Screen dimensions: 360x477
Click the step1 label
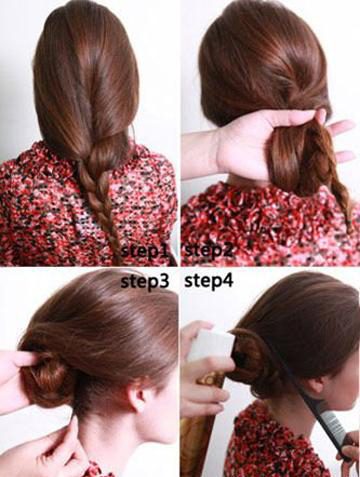[x=144, y=251]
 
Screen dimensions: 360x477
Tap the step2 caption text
[x=209, y=250]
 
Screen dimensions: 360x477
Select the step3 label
[x=145, y=282]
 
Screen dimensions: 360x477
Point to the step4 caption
[x=209, y=281]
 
